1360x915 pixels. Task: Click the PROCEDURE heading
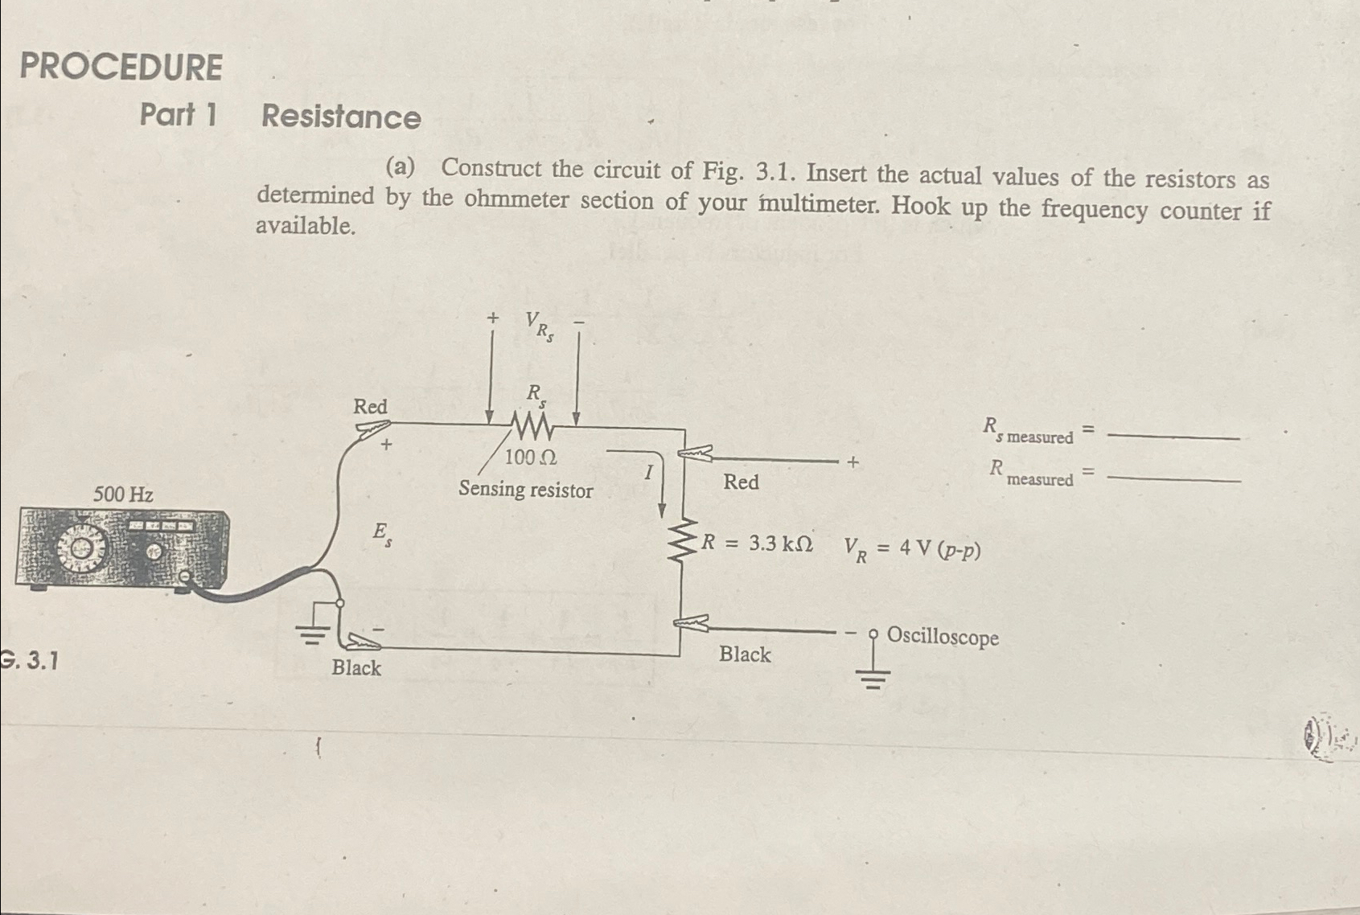click(x=121, y=67)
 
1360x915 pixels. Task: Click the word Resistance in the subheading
click(x=341, y=117)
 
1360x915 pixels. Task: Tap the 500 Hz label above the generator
click(x=123, y=494)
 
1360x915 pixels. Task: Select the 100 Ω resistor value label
click(x=531, y=457)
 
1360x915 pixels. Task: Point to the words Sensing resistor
click(x=525, y=490)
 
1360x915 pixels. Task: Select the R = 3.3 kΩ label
click(x=757, y=544)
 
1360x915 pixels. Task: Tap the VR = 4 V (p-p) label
click(x=912, y=550)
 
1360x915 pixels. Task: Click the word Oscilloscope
click(x=943, y=637)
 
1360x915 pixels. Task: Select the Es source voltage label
click(x=382, y=534)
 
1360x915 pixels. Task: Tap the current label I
click(x=648, y=474)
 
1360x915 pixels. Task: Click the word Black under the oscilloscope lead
click(x=745, y=654)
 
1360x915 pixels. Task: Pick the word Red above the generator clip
click(x=370, y=407)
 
